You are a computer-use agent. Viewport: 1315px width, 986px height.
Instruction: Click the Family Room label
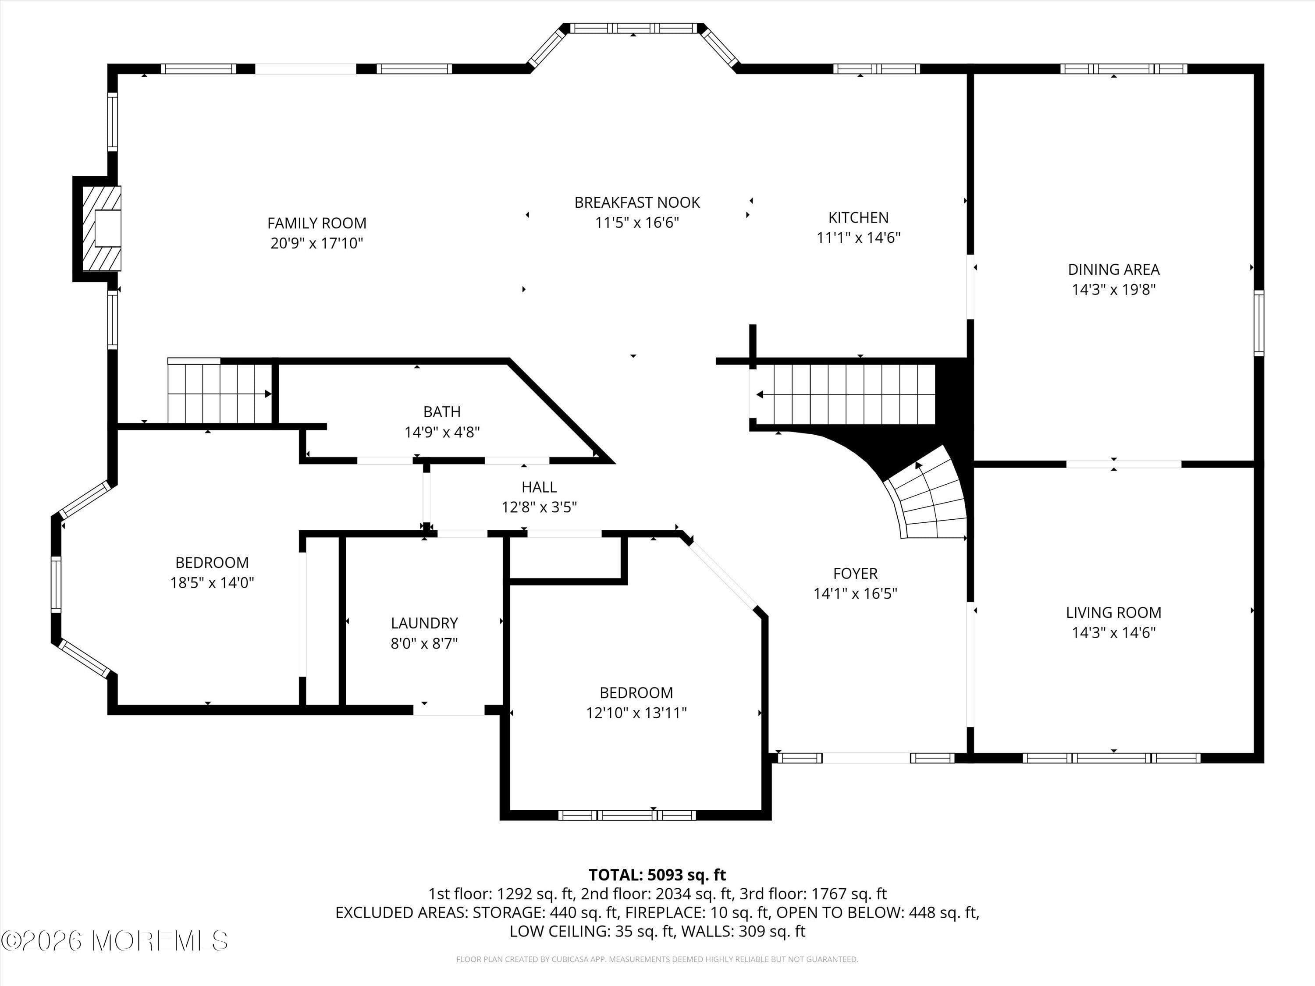pyautogui.click(x=316, y=223)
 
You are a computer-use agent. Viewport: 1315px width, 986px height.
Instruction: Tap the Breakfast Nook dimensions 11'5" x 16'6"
pyautogui.click(x=637, y=223)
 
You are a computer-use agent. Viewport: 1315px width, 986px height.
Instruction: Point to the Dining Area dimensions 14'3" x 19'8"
pyautogui.click(x=1113, y=289)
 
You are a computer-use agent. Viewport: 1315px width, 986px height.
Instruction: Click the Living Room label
pyautogui.click(x=1113, y=612)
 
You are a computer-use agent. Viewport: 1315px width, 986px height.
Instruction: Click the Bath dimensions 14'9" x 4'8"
pyautogui.click(x=442, y=432)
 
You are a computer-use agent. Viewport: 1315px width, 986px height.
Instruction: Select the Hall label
pyautogui.click(x=539, y=487)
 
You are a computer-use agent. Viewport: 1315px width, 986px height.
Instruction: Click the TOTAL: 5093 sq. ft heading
pyautogui.click(x=657, y=875)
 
